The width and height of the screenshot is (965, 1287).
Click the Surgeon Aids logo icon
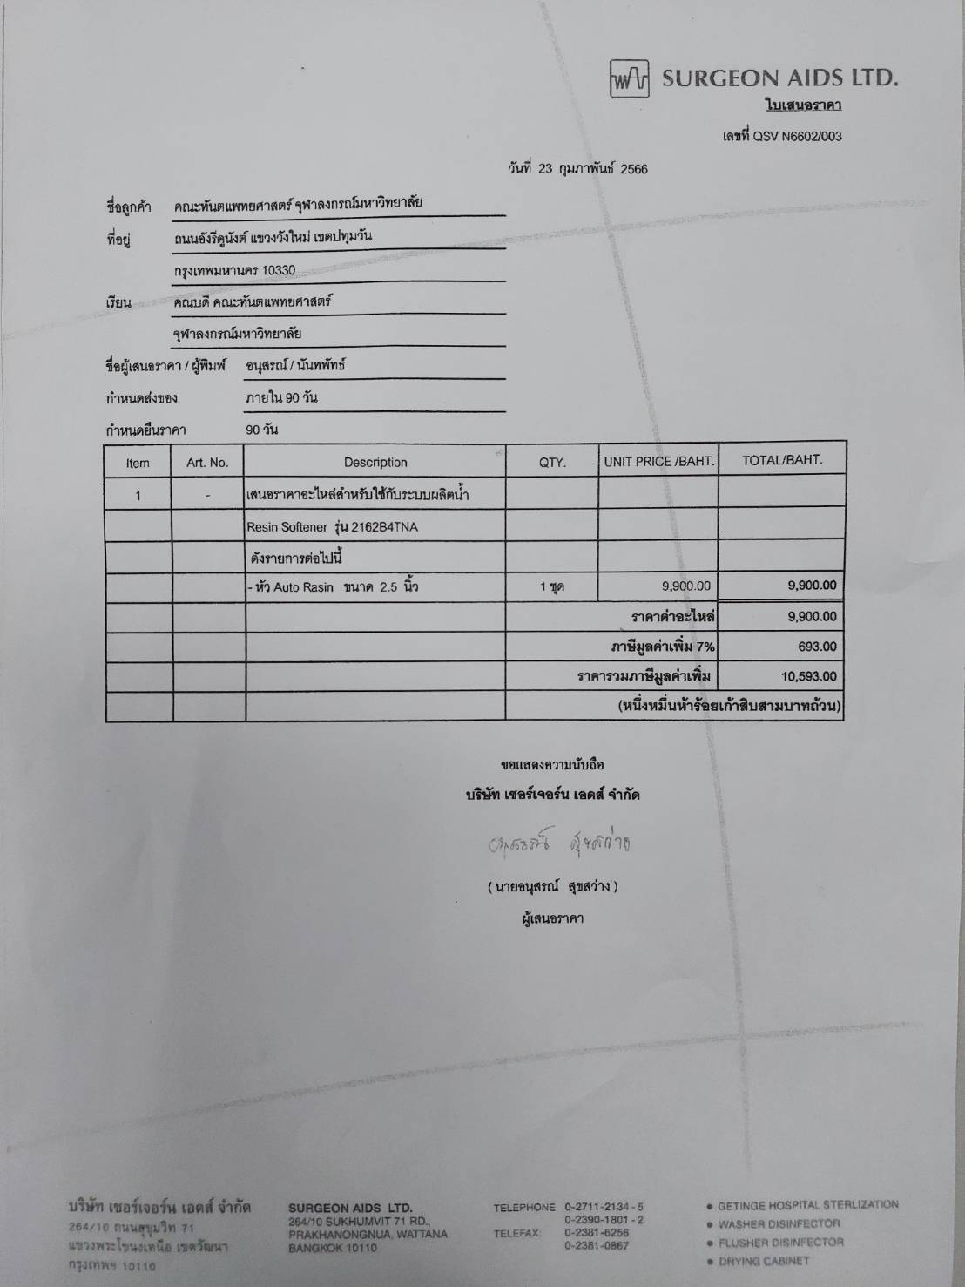[630, 79]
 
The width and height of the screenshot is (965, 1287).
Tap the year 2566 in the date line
[633, 169]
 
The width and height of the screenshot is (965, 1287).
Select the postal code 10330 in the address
[278, 270]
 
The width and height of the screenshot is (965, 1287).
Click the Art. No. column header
[207, 463]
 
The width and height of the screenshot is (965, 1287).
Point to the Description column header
[375, 463]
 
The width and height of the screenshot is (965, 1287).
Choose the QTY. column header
[552, 463]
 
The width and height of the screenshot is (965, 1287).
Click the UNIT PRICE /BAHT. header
[658, 462]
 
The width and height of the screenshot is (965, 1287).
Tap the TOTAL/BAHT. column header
[781, 460]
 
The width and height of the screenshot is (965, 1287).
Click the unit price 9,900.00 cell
[685, 586]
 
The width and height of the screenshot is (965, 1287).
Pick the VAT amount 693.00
[817, 647]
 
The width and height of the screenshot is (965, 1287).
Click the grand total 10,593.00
[809, 676]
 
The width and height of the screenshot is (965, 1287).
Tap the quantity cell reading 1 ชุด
[551, 587]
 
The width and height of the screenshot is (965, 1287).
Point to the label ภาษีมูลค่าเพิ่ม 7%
[662, 647]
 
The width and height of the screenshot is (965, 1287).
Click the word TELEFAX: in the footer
[517, 1233]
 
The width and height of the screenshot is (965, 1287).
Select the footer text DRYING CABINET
[764, 1261]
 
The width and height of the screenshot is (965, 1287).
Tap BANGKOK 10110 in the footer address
[333, 1248]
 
